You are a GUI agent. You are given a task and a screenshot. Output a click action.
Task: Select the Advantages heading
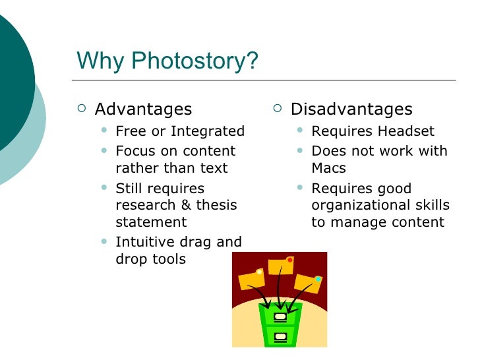click(x=143, y=109)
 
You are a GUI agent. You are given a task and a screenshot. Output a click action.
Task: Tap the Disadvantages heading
click(x=351, y=109)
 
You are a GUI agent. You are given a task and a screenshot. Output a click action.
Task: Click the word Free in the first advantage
click(x=130, y=131)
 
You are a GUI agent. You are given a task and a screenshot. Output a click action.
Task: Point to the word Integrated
click(x=209, y=131)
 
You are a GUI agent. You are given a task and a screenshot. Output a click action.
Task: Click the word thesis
click(x=214, y=205)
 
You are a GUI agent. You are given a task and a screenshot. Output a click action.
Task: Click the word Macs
click(x=328, y=168)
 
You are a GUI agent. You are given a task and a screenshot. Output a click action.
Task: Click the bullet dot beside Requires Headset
click(x=300, y=131)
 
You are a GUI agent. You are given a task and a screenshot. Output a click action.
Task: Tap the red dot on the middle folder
click(x=289, y=260)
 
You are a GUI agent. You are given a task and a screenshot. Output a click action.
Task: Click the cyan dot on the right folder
click(x=318, y=279)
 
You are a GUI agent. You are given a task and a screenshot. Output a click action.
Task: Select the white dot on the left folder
click(x=259, y=272)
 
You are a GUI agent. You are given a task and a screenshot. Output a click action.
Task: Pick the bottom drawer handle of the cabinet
click(x=281, y=337)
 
